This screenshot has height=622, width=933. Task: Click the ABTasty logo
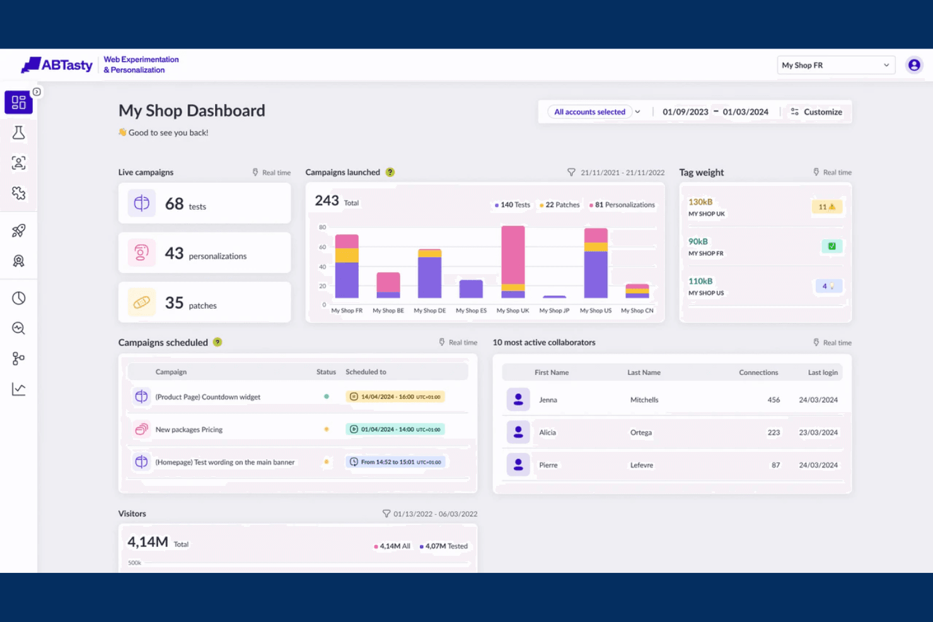[x=57, y=64]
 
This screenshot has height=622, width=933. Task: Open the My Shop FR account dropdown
[x=836, y=65]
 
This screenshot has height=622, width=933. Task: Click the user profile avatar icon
[x=914, y=65]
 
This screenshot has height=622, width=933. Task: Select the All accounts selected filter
[x=589, y=112]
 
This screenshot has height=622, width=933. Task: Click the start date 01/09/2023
[x=685, y=112]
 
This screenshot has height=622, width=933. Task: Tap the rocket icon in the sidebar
[x=18, y=230]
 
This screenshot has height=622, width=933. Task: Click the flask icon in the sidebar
[x=18, y=133]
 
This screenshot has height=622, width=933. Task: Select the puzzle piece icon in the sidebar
[x=18, y=193]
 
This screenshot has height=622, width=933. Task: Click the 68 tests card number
[x=174, y=204]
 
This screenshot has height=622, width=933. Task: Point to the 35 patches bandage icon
[x=141, y=302]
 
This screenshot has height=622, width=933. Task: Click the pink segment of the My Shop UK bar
[x=513, y=255]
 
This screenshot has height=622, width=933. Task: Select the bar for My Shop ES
[x=471, y=289]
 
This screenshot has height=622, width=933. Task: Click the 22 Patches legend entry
[x=559, y=205]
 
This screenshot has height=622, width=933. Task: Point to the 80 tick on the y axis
[x=322, y=227]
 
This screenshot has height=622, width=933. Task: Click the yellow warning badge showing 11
[x=827, y=207]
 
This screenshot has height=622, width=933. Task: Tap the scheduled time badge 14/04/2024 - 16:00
[x=395, y=396]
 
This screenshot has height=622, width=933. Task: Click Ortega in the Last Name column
[x=640, y=432]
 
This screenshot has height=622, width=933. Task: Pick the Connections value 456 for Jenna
[x=774, y=400]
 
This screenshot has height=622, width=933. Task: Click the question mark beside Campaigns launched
[x=390, y=172]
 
